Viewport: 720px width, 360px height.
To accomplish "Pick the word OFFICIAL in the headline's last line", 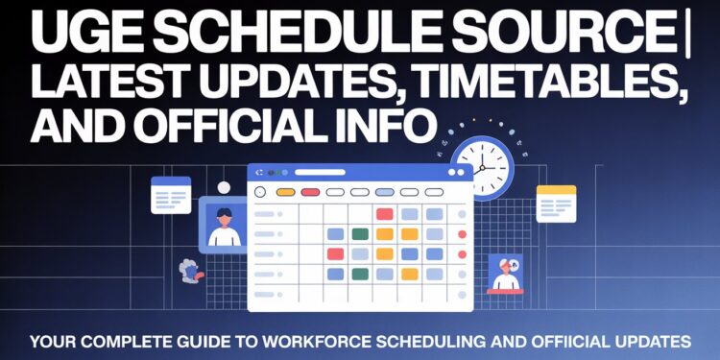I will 246,128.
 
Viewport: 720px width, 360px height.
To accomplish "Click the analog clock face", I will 483,167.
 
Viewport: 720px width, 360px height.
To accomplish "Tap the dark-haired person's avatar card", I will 223,225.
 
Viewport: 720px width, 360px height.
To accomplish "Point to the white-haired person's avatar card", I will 505,273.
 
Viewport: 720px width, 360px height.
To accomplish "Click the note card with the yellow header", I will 556,204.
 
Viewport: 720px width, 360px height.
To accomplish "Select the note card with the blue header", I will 171,195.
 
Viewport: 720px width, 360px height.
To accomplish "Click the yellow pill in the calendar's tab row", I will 285,192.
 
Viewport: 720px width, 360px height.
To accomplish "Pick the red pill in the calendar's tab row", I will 310,192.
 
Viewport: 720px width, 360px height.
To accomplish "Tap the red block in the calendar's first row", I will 385,214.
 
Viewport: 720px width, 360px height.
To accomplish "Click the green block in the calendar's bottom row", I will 360,274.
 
